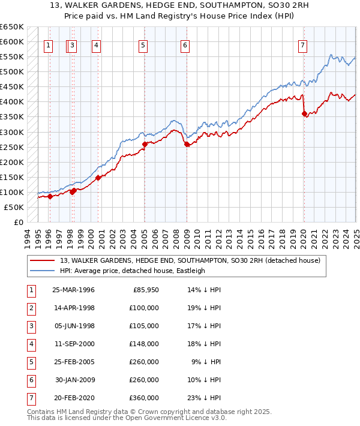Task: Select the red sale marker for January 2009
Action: pos(187,144)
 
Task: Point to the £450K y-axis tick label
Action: pos(11,86)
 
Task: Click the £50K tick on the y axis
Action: pos(14,207)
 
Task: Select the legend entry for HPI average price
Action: pos(132,271)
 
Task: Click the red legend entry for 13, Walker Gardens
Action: pos(190,260)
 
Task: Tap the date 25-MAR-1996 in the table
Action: pos(73,290)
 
